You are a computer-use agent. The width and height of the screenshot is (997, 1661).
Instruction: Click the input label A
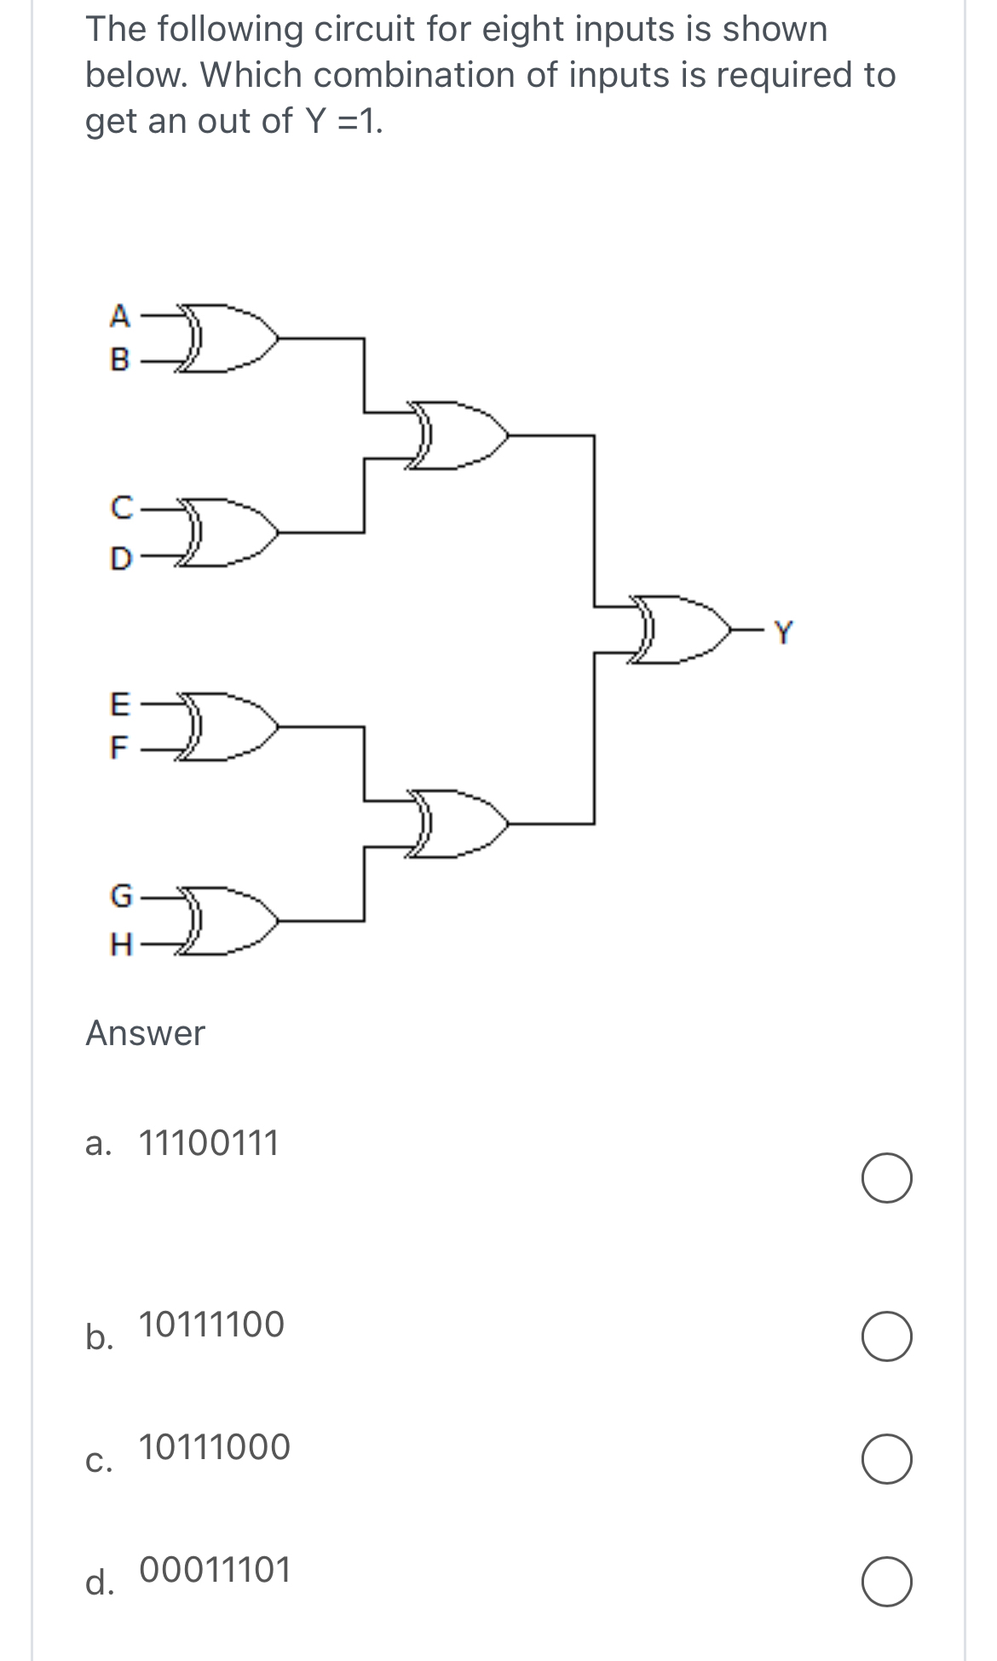(121, 316)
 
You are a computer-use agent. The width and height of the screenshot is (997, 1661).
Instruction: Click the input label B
(121, 360)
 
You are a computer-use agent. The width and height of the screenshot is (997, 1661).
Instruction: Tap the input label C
(122, 509)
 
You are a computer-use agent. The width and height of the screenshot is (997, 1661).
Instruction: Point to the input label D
(122, 558)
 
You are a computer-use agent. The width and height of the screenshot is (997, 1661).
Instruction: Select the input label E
(121, 704)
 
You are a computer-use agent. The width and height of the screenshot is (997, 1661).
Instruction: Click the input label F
(120, 749)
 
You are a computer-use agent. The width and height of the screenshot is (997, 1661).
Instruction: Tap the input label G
(122, 895)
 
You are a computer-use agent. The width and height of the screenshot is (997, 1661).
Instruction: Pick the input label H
(122, 944)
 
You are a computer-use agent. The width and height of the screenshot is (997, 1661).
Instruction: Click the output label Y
(782, 632)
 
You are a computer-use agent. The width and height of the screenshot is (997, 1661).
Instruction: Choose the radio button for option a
(886, 1179)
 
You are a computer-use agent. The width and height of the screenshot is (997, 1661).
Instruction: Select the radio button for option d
(886, 1582)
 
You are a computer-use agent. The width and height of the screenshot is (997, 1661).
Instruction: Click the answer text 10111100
(211, 1325)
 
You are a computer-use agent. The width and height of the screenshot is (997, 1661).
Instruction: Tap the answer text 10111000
(214, 1447)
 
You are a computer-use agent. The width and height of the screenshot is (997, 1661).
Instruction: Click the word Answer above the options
(145, 1033)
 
